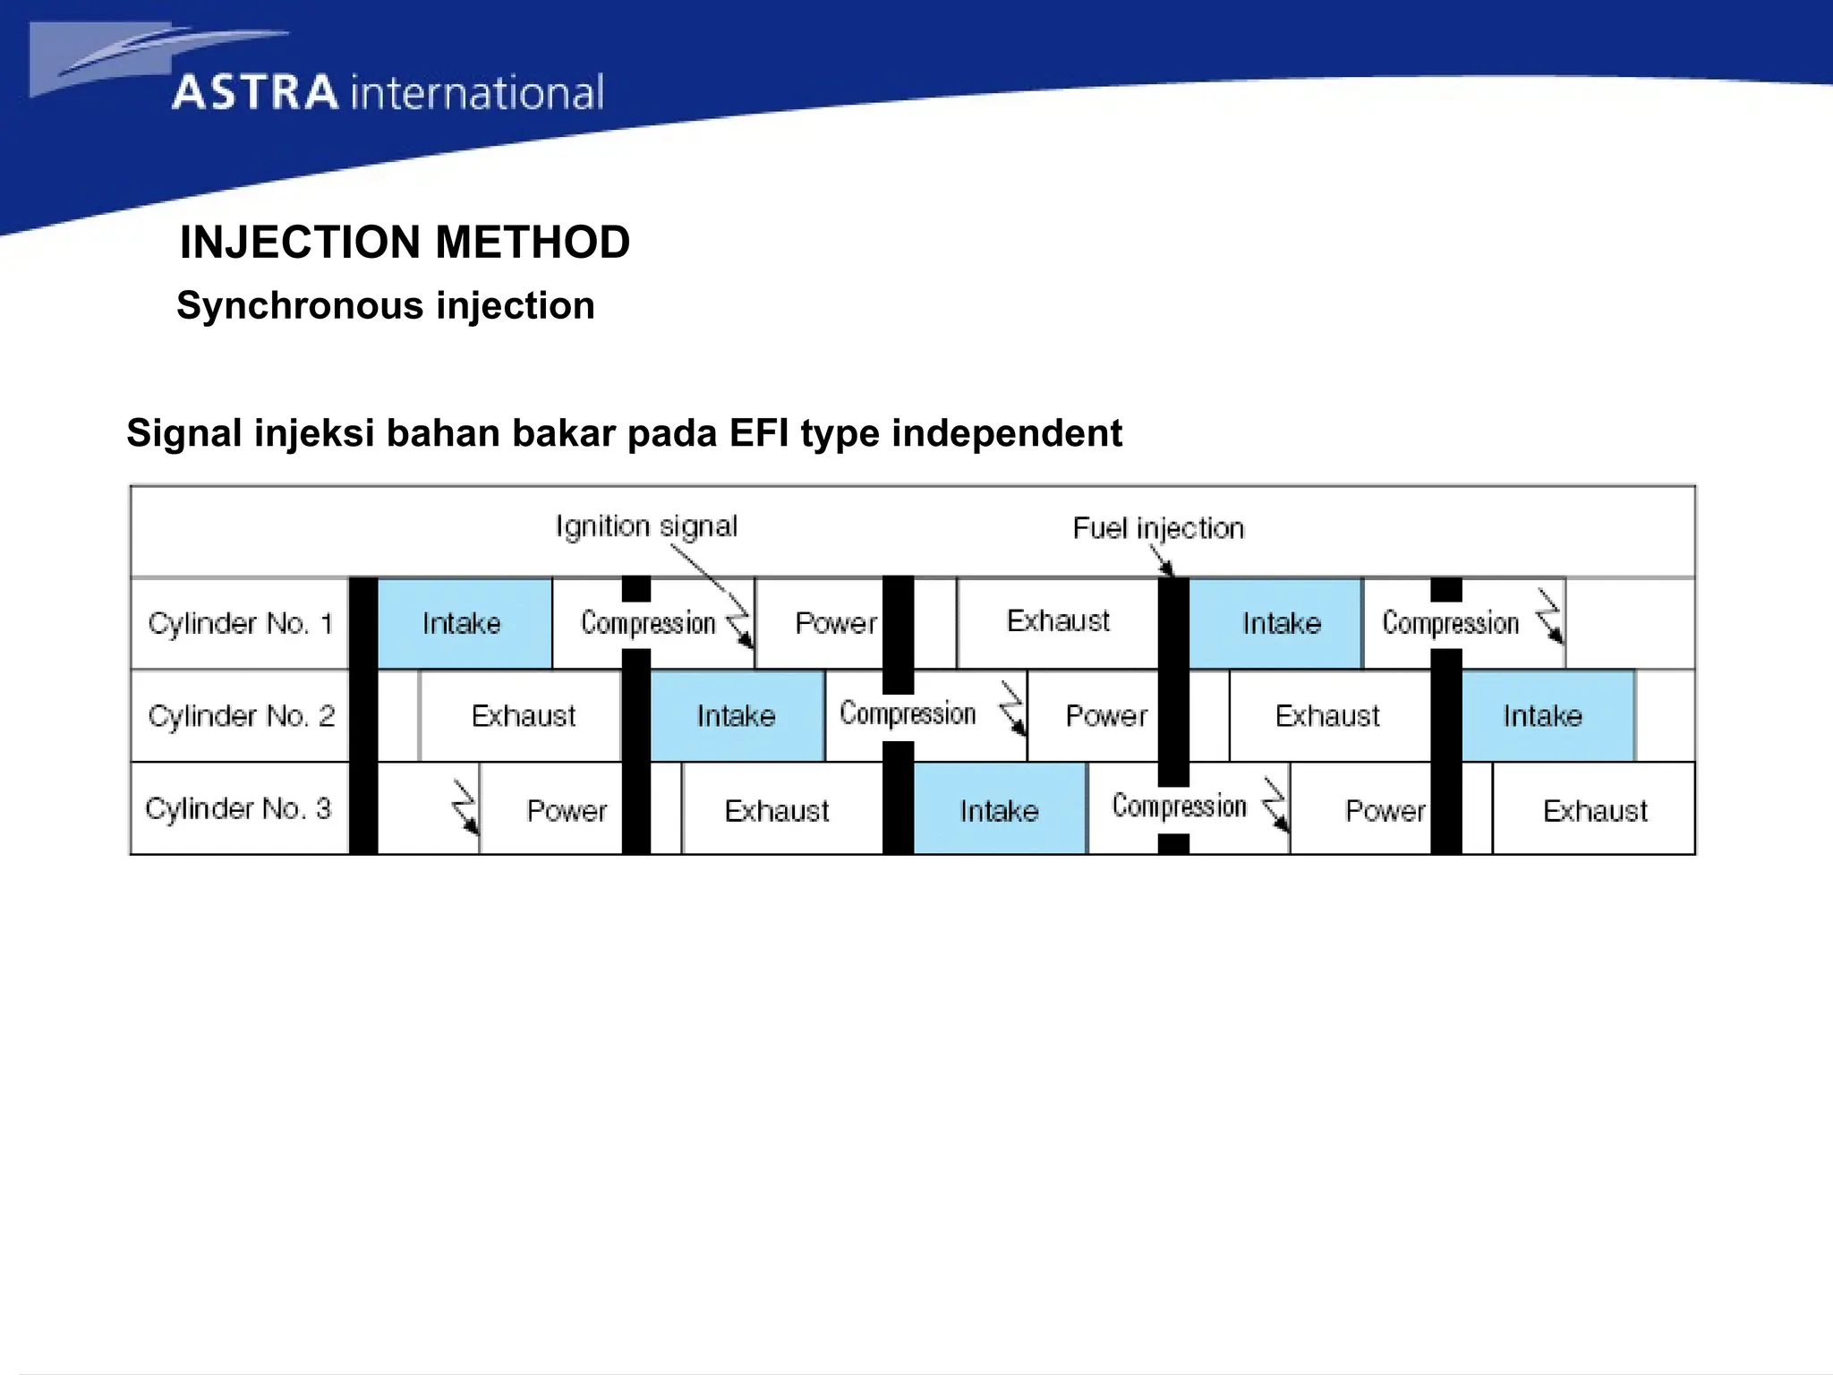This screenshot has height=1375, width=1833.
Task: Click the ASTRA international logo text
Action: click(x=387, y=93)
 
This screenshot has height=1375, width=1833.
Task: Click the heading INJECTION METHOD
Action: click(x=405, y=243)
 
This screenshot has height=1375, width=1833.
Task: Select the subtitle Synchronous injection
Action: click(x=385, y=306)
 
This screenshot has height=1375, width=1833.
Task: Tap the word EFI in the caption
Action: click(x=759, y=433)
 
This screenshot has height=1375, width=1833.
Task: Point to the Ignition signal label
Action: click(x=646, y=526)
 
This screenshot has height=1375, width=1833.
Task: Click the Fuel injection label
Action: click(x=1158, y=528)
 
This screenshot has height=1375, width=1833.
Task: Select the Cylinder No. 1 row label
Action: click(x=240, y=623)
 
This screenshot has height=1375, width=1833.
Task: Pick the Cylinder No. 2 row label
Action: click(x=240, y=716)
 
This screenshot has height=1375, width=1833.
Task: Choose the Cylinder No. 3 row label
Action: click(x=238, y=808)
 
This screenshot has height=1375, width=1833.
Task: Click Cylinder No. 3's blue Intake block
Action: click(x=999, y=810)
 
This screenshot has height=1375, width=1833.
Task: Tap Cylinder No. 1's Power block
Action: click(x=834, y=623)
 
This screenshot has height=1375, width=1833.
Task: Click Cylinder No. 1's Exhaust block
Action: click(x=1058, y=621)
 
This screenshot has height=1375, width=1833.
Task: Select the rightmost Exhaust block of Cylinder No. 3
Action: click(x=1594, y=810)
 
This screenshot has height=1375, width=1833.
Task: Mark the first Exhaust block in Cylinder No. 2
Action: click(x=523, y=716)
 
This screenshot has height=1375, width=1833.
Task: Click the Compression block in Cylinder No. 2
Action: click(x=908, y=714)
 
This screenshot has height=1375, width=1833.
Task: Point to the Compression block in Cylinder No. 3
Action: click(x=1180, y=807)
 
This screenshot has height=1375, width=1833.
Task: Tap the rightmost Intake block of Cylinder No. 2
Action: click(x=1542, y=716)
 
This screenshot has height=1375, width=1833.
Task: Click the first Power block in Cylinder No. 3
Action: click(x=566, y=810)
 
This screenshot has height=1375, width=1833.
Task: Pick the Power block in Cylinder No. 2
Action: click(x=1105, y=716)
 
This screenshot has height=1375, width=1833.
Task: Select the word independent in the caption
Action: click(x=1006, y=433)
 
